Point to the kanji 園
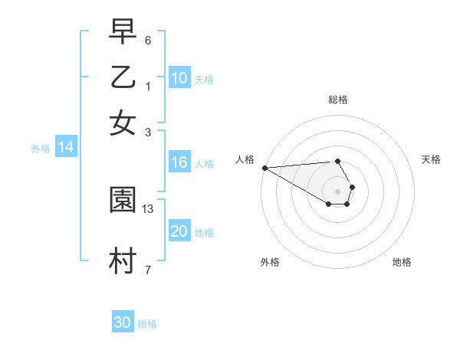point(123,200)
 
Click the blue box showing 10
point(179,78)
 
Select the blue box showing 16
point(179,162)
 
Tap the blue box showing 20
point(179,231)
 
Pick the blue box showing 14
point(65,148)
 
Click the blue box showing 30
point(123,322)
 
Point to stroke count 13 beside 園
point(148,208)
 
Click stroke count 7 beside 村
point(148,269)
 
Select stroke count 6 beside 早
point(148,39)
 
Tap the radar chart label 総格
point(337,100)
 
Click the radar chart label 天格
point(431,159)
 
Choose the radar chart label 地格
point(402,262)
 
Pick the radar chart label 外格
point(270,262)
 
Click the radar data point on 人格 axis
point(264,168)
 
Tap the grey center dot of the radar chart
point(337,191)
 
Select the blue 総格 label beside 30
point(147,324)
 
